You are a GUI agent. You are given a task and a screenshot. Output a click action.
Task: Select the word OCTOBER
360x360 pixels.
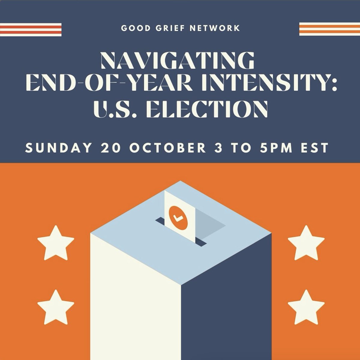click(x=168, y=148)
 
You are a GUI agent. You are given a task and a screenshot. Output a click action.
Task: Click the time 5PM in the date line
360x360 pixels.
click(x=277, y=148)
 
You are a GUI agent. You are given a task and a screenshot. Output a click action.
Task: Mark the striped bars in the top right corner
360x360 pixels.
click(x=329, y=29)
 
